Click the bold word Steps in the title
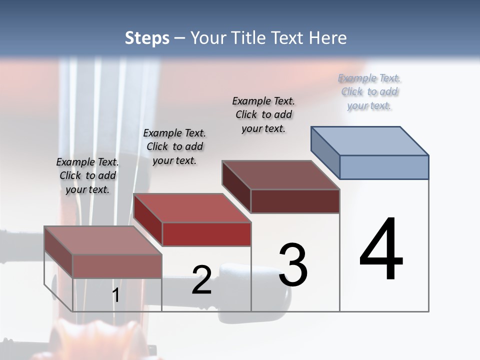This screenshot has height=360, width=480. [x=147, y=38]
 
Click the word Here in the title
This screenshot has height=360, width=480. [x=326, y=38]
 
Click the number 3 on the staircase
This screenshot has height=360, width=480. [x=293, y=265]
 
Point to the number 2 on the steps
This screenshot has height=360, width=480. [x=201, y=280]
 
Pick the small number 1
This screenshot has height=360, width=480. [x=116, y=295]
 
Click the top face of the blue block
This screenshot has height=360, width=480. [x=370, y=141]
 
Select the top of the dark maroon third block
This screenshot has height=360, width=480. [x=281, y=175]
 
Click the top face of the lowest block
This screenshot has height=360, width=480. [x=103, y=240]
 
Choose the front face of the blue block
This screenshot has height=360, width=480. [x=384, y=167]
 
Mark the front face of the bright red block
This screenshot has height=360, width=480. [x=206, y=234]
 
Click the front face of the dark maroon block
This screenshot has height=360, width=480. [x=295, y=201]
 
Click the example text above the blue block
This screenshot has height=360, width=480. [x=369, y=91]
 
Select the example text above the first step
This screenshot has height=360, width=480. [x=87, y=175]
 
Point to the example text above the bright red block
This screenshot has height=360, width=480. [x=174, y=146]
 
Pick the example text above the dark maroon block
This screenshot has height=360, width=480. [x=263, y=114]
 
